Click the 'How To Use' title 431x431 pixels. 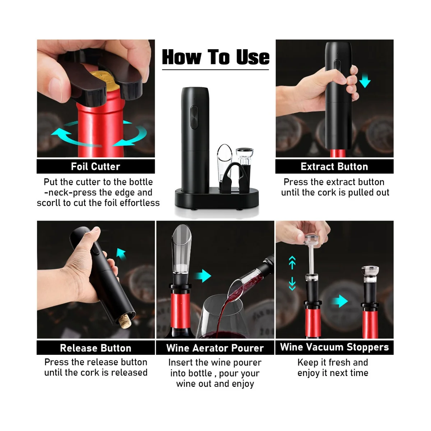click(215, 57)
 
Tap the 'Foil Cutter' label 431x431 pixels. click(96, 167)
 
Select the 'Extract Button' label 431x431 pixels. click(334, 167)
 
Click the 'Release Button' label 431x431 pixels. click(96, 348)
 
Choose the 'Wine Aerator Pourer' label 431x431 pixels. click(215, 348)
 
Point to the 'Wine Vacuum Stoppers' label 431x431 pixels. click(334, 347)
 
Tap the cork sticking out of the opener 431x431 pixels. click(125, 321)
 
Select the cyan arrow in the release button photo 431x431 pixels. click(121, 254)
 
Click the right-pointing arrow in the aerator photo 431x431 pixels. click(203, 276)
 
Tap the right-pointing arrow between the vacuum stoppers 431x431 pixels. click(340, 301)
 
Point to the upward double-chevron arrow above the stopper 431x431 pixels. click(292, 263)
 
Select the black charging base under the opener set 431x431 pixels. click(217, 198)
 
